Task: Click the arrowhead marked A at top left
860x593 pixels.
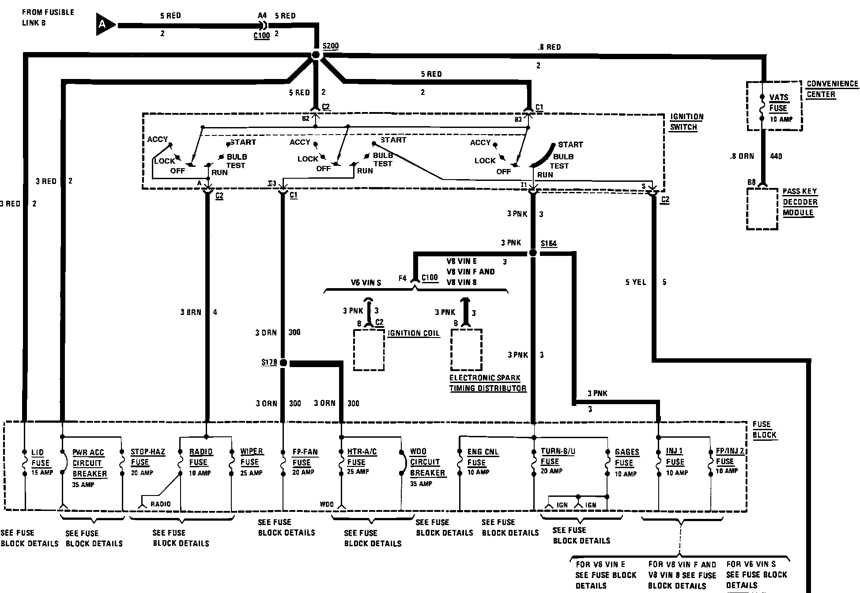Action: (104, 25)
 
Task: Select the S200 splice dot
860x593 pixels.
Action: (316, 55)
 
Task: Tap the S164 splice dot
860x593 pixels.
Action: (533, 253)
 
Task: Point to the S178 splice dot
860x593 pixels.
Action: (283, 363)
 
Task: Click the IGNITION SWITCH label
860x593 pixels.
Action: (686, 122)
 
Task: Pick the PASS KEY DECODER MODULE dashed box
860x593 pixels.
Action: (762, 209)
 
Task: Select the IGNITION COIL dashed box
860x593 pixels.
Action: (369, 350)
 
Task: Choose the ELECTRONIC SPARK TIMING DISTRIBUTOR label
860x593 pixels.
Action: (488, 383)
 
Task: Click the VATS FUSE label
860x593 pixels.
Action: (778, 103)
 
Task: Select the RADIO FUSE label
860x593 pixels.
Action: (200, 457)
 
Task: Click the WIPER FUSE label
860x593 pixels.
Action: (252, 457)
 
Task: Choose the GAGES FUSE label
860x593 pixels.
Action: (626, 458)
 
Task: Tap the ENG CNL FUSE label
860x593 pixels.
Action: (483, 457)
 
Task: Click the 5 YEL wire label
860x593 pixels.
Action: (635, 282)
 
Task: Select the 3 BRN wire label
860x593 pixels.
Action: (190, 312)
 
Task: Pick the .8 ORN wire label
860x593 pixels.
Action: (741, 156)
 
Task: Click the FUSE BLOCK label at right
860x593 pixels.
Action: (764, 429)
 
